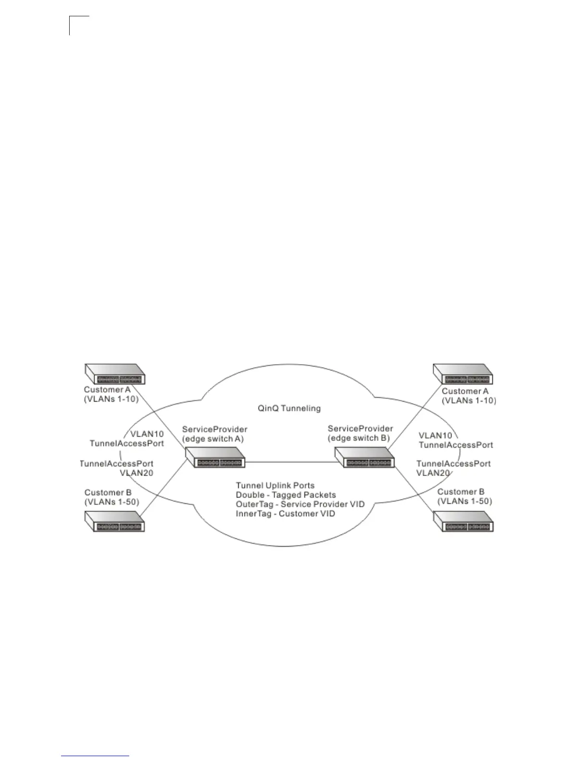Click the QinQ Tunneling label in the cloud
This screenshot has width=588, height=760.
tap(289, 409)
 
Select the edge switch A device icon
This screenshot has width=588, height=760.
tap(215, 457)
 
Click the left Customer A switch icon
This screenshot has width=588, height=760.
tap(115, 374)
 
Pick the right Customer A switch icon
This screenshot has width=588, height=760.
tap(463, 374)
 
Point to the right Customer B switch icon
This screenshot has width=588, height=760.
tap(463, 522)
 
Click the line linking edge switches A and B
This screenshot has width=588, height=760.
tap(290, 462)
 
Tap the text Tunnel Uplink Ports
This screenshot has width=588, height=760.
tap(275, 486)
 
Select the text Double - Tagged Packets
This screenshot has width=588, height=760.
tap(286, 495)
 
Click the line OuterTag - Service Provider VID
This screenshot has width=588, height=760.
tap(300, 504)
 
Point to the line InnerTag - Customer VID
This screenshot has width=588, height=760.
tap(285, 514)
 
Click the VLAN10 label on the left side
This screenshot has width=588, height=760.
tap(147, 434)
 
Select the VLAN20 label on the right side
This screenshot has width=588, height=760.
tap(433, 473)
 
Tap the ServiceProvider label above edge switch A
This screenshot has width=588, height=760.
tap(215, 429)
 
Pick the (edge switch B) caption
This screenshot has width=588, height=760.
tap(359, 438)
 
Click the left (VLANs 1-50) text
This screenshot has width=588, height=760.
tap(112, 502)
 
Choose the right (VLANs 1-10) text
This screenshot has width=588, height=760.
tap(469, 401)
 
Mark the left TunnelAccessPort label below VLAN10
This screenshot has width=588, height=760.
tap(127, 443)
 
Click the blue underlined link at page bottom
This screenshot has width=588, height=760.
tap(96, 756)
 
